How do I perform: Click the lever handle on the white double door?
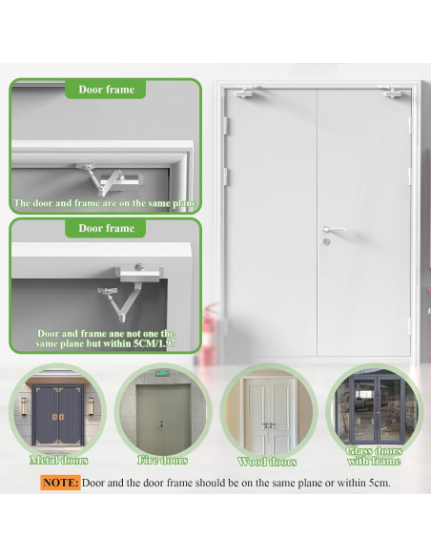coord(330,229)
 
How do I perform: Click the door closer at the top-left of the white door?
coord(246,93)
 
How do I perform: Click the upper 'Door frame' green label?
coord(106,90)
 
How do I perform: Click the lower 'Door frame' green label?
coord(106,228)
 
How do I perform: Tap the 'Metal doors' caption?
coord(59,461)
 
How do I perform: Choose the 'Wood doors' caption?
coord(267,462)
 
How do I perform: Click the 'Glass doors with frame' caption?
coord(372,455)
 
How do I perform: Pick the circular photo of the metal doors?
coord(59,412)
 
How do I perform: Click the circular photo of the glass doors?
coord(372,408)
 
